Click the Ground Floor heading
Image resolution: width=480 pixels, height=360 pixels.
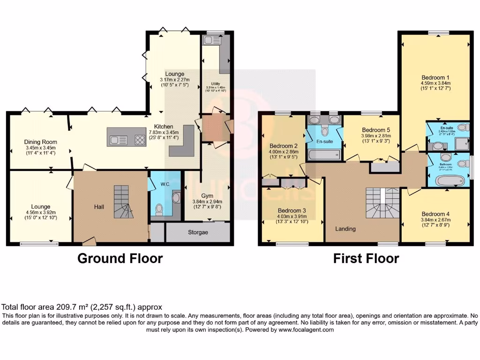pyautogui.click(x=120, y=258)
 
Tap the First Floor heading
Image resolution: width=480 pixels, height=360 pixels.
pyautogui.click(x=366, y=258)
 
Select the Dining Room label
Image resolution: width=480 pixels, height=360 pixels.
pyautogui.click(x=40, y=142)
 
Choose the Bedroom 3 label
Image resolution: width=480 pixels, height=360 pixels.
pyautogui.click(x=292, y=210)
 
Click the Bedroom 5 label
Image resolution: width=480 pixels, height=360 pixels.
pyautogui.click(x=376, y=130)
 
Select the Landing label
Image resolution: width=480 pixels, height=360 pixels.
pyautogui.click(x=345, y=229)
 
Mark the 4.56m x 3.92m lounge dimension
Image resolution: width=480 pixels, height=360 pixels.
pyautogui.click(x=40, y=212)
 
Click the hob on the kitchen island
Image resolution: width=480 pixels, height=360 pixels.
pyautogui.click(x=140, y=139)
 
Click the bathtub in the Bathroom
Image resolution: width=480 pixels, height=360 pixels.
pyautogui.click(x=449, y=180)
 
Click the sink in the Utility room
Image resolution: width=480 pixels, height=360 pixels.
pyautogui.click(x=208, y=41)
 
